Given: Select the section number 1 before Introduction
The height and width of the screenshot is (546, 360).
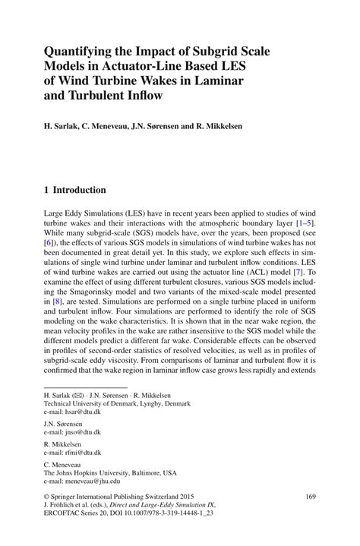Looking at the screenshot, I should [46, 190].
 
